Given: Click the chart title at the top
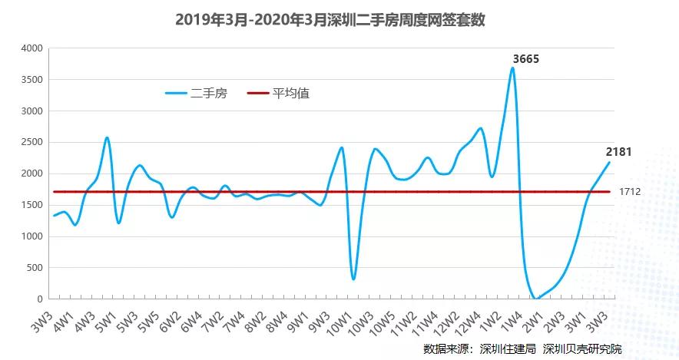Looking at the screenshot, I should (330, 20).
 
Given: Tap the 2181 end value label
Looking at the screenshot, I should (618, 152).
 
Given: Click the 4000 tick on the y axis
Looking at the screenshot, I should (31, 48).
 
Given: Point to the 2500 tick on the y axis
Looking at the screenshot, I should (31, 142).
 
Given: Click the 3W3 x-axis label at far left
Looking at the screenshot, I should (41, 321).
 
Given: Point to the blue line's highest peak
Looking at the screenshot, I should (512, 68).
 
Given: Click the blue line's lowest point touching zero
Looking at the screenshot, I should (536, 298).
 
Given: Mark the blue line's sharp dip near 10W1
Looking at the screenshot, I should (353, 278).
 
